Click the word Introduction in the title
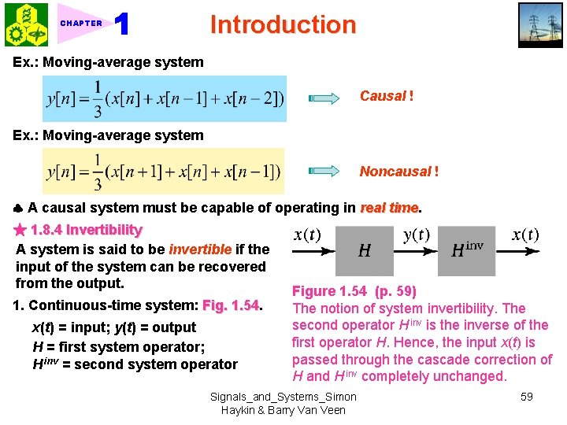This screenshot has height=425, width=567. (283, 24)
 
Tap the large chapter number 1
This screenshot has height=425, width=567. (122, 24)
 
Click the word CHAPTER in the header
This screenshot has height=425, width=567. (81, 24)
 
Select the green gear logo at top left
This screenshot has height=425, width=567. (26, 25)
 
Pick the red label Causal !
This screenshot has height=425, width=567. (387, 96)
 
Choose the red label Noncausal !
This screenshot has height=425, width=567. (399, 171)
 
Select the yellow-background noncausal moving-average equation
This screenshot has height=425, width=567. (164, 171)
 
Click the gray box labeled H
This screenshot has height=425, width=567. (365, 251)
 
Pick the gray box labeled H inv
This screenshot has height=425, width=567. (467, 251)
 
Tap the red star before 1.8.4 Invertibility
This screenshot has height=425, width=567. (20, 230)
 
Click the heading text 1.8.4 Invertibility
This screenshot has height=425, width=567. (86, 230)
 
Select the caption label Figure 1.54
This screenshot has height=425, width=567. (328, 291)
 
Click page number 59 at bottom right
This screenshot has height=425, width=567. (527, 397)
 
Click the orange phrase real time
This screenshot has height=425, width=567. (389, 208)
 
